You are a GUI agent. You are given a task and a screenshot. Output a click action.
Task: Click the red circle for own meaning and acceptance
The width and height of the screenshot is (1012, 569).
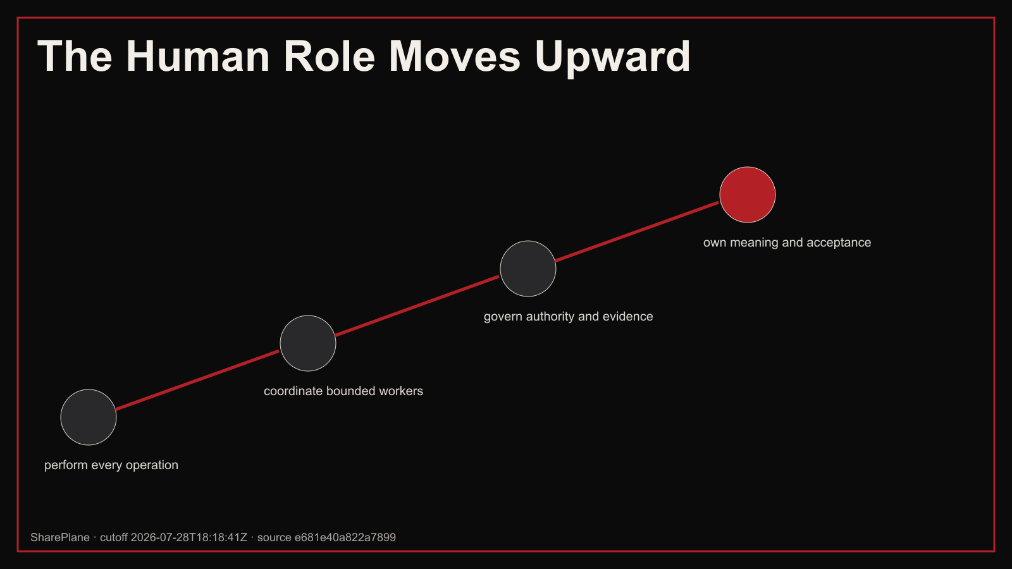pos(747,195)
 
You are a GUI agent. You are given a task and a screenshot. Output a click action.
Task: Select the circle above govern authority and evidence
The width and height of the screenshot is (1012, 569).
pos(528,269)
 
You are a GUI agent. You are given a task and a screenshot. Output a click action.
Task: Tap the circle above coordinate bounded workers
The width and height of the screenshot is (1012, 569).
pos(307,343)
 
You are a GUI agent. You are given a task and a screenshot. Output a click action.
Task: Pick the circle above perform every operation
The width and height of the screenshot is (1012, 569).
pos(89,417)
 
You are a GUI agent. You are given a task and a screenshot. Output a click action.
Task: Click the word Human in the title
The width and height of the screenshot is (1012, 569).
pos(198,56)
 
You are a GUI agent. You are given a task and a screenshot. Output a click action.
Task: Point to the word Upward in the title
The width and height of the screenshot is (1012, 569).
pos(613,58)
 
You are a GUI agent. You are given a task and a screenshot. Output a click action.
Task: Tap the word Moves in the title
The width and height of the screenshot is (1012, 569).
pos(455,56)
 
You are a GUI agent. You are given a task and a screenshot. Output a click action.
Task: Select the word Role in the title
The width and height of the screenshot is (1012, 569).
pos(330,56)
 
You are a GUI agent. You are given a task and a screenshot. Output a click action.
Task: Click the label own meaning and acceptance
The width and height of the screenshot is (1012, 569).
pos(787,243)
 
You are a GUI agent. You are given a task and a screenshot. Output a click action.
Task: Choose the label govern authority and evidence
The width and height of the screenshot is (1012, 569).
pos(569,317)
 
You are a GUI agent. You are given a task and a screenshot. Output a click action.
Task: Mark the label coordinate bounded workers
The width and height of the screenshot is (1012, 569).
pos(343,391)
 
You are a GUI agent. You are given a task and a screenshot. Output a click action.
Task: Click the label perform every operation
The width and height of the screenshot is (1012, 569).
pos(111,465)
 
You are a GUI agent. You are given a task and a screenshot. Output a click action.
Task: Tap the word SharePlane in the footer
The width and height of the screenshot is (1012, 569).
pos(60,537)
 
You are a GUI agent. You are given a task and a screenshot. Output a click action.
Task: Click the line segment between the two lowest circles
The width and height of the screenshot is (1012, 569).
pos(198,380)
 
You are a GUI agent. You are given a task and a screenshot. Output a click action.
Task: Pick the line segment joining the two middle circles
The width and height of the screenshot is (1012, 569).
pos(418,306)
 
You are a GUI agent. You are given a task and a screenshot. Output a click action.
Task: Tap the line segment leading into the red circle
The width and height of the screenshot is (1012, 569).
pos(638,231)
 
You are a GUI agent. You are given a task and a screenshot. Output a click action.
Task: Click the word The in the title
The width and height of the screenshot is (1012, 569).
pos(75,56)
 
